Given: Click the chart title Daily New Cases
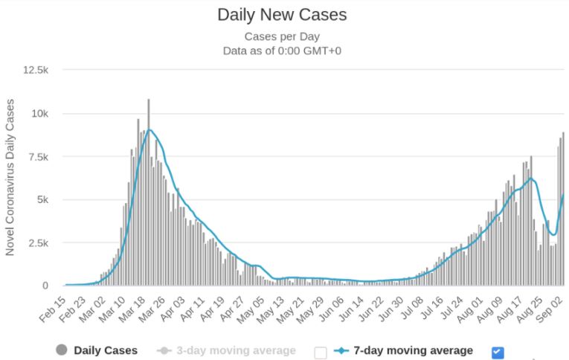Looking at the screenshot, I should click(282, 15).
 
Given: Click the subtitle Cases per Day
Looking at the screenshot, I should click(282, 36).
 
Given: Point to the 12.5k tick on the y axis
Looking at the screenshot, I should click(36, 70).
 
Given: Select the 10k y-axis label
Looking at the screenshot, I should click(39, 113).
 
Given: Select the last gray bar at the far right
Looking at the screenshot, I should click(563, 209).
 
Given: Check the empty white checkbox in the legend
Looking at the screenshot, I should click(321, 352).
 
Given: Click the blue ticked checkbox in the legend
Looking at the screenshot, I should click(498, 352).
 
